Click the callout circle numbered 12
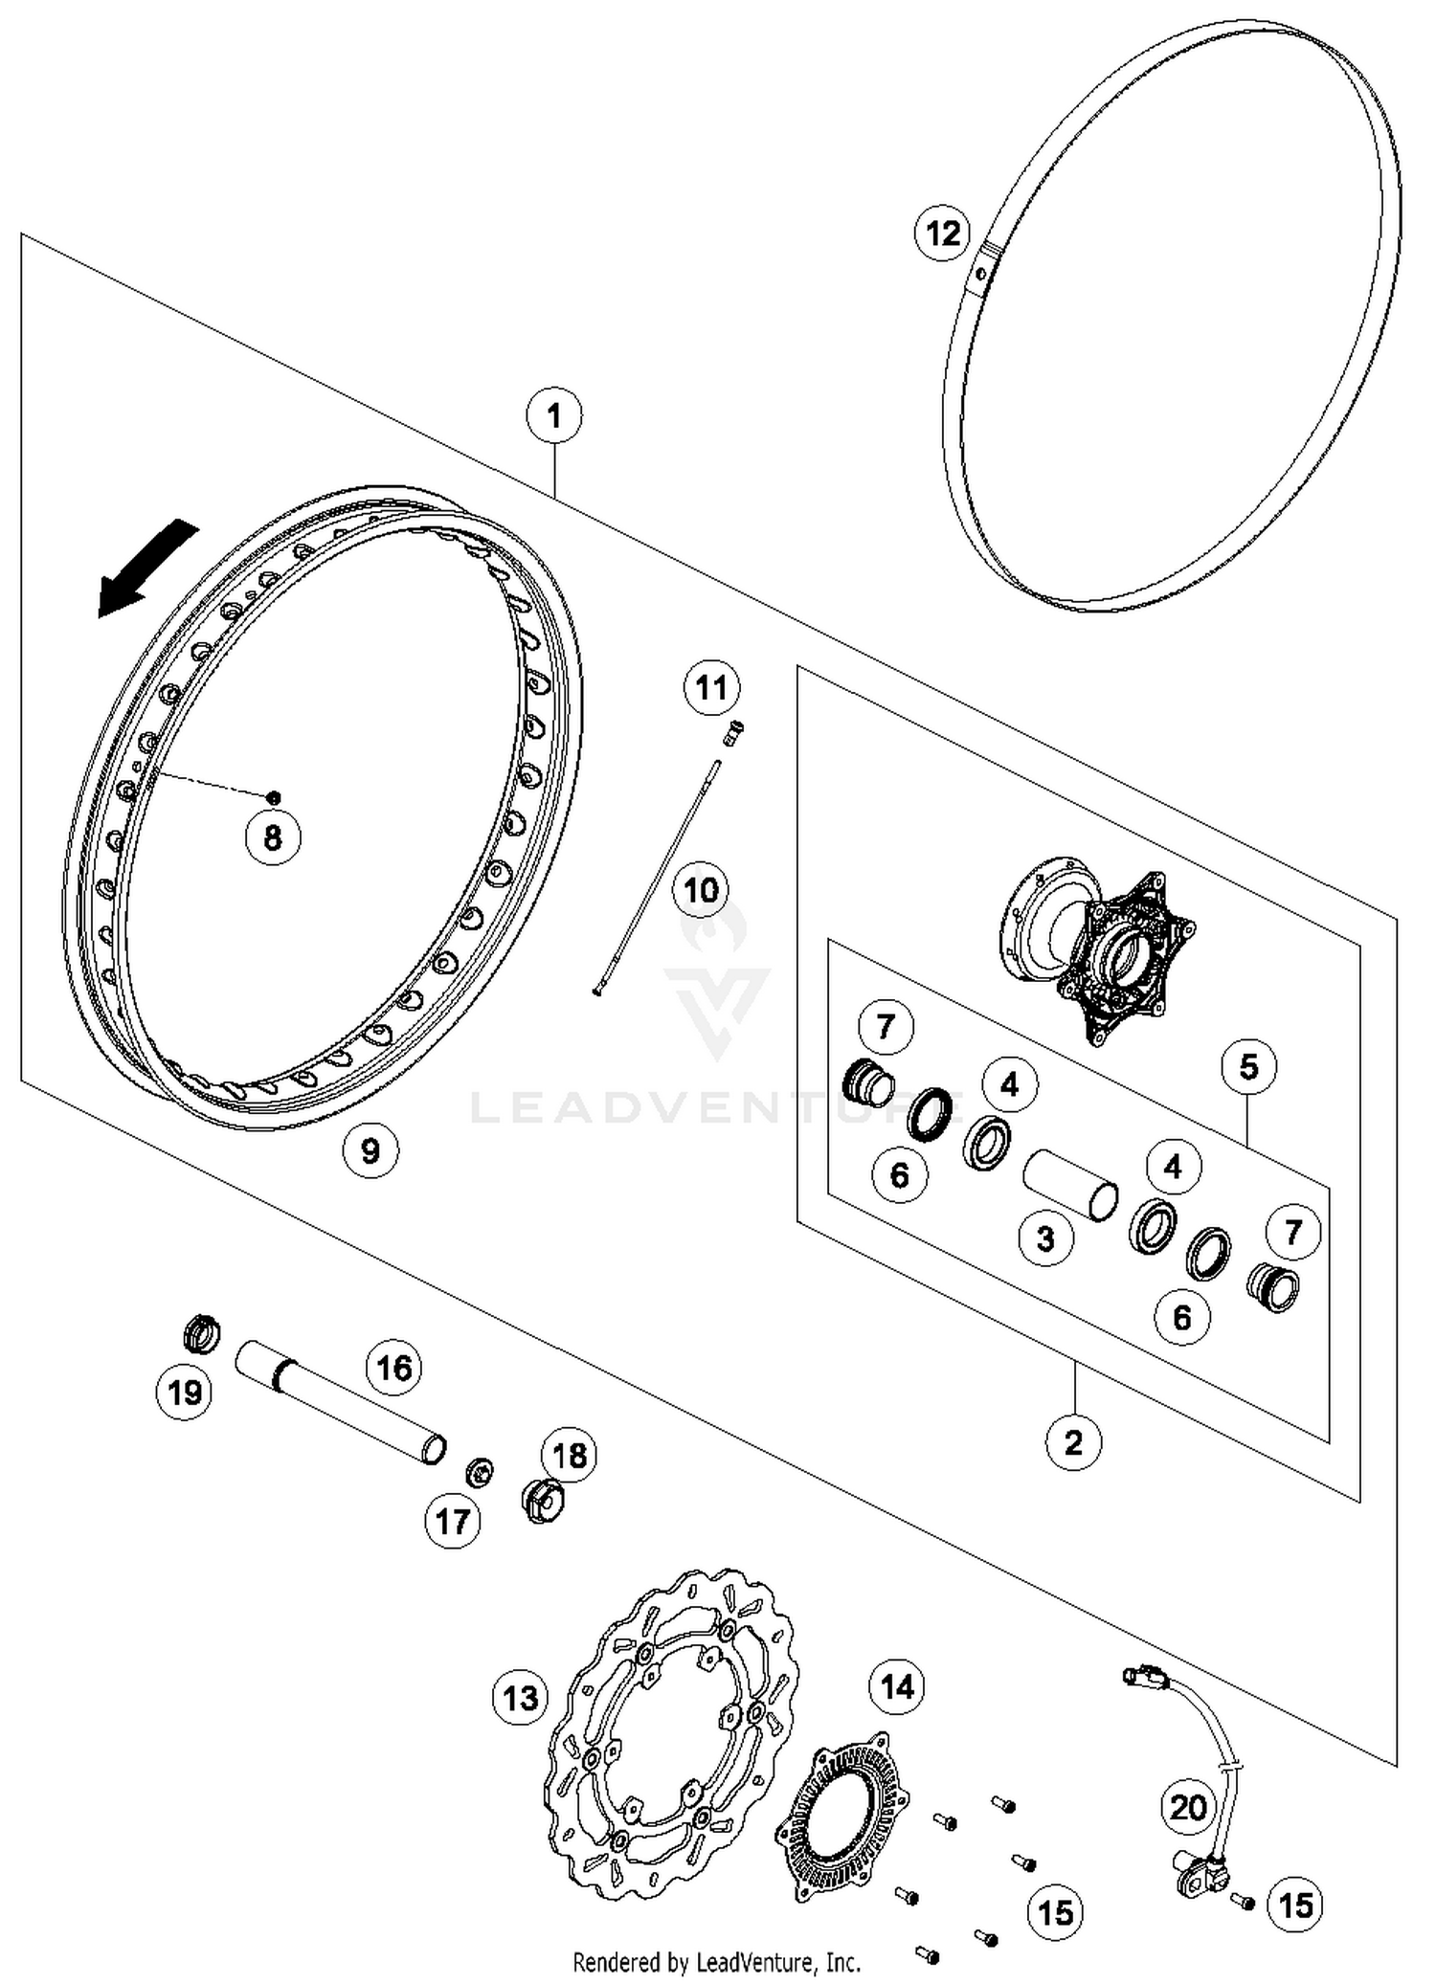click(942, 233)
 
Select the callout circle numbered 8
click(273, 837)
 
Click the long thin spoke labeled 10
click(659, 876)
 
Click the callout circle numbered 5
click(1248, 1066)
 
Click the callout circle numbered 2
click(1073, 1441)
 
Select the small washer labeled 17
click(480, 1472)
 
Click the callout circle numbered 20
click(1188, 1807)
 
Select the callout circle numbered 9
click(370, 1149)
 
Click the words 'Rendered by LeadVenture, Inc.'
click(716, 1963)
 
